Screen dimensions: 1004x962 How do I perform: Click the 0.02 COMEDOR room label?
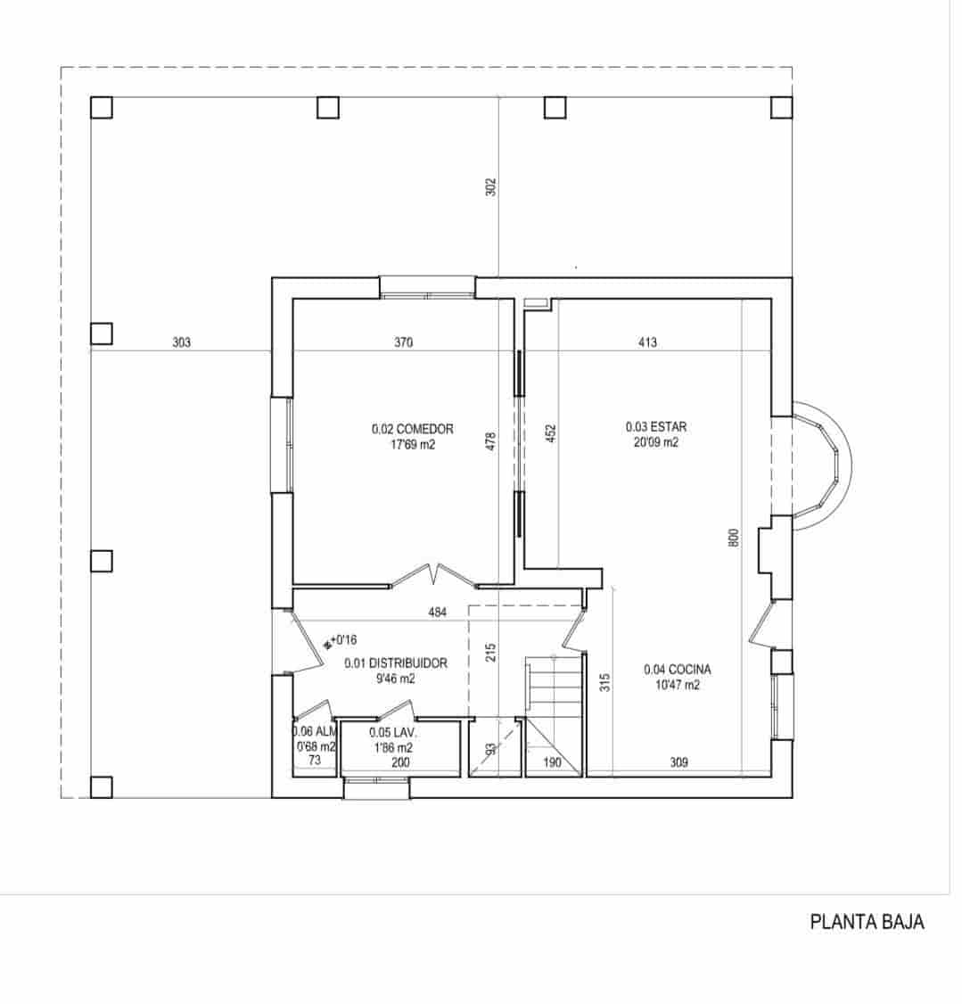pyautogui.click(x=412, y=429)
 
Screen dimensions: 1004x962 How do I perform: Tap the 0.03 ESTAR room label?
pyautogui.click(x=655, y=426)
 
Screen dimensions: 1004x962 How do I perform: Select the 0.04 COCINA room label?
pyautogui.click(x=677, y=670)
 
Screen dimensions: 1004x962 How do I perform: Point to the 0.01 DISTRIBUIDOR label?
pyautogui.click(x=395, y=663)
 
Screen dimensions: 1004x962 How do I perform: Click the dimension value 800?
pyautogui.click(x=734, y=538)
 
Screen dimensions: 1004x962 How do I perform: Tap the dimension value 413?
pyautogui.click(x=648, y=342)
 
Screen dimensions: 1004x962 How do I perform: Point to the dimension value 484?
pyautogui.click(x=437, y=613)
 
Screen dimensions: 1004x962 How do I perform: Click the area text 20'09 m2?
pyautogui.click(x=655, y=442)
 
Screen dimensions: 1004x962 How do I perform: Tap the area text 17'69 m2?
pyautogui.click(x=412, y=444)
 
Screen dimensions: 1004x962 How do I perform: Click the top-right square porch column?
pyautogui.click(x=781, y=107)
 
